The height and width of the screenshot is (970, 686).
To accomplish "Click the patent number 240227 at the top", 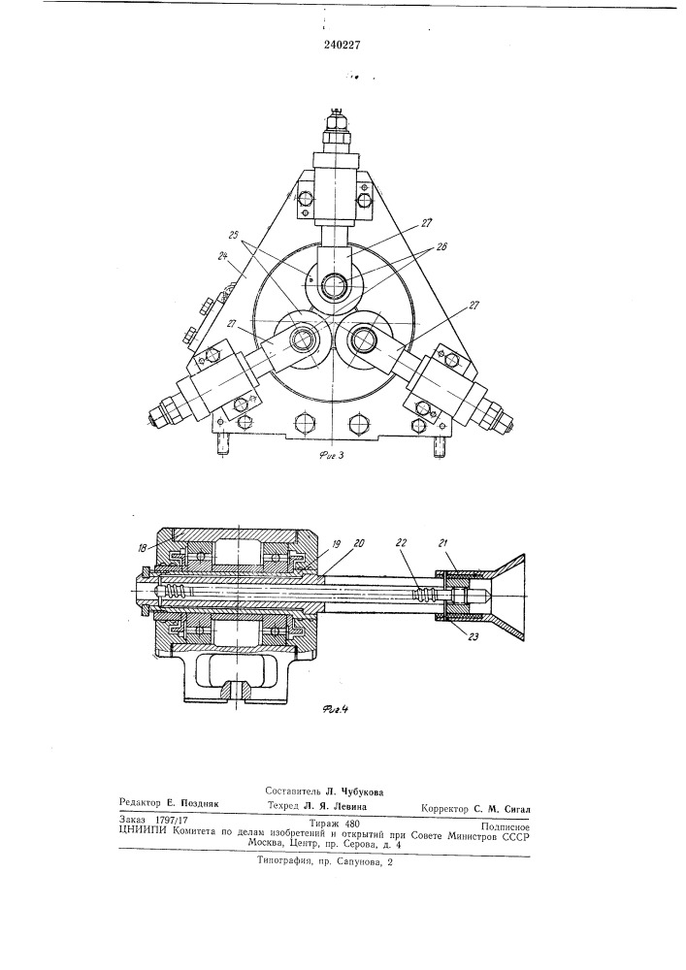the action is click(342, 45).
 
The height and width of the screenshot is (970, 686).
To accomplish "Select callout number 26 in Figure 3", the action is click(441, 246).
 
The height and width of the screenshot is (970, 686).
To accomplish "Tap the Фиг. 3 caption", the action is click(332, 456).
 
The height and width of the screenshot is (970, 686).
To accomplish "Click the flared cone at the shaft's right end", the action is click(508, 598).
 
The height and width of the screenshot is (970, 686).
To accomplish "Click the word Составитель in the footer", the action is click(292, 791).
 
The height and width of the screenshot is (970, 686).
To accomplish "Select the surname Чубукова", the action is click(360, 792).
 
